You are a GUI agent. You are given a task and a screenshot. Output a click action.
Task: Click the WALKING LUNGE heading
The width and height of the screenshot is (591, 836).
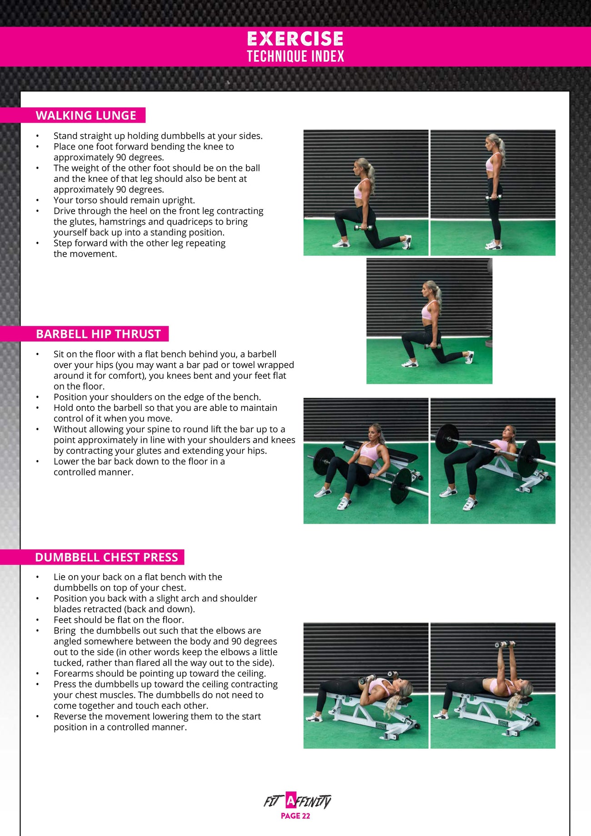[x=86, y=115]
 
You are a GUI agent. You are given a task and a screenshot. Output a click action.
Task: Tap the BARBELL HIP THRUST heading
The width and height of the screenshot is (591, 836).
[x=98, y=334]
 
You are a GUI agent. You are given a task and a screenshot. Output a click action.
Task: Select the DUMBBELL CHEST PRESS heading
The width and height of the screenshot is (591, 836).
[x=106, y=557]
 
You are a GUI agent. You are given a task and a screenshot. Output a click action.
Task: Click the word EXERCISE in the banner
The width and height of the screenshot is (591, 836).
[x=295, y=39]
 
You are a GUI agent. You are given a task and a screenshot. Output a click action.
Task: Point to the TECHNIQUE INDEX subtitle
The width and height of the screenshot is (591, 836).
[x=295, y=56]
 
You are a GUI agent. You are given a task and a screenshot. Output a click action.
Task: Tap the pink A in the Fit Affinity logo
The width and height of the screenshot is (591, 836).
[x=291, y=801]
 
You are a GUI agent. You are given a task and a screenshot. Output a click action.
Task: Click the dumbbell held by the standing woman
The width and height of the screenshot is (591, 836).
[x=492, y=198]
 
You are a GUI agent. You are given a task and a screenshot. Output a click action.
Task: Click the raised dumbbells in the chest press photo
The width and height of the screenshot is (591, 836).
[x=505, y=644]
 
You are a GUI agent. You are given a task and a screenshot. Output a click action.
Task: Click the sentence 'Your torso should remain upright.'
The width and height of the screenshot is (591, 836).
[x=124, y=200]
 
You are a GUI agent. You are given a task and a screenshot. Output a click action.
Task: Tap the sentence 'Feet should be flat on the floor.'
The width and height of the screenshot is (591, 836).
[x=119, y=620]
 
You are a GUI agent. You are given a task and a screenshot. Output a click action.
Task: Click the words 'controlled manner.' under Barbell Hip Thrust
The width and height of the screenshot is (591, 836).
[x=93, y=472]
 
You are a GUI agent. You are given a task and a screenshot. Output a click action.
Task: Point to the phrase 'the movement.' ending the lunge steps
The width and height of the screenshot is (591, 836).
[x=85, y=254]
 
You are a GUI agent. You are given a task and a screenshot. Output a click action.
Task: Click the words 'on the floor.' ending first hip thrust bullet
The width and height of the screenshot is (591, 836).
[x=79, y=386]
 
